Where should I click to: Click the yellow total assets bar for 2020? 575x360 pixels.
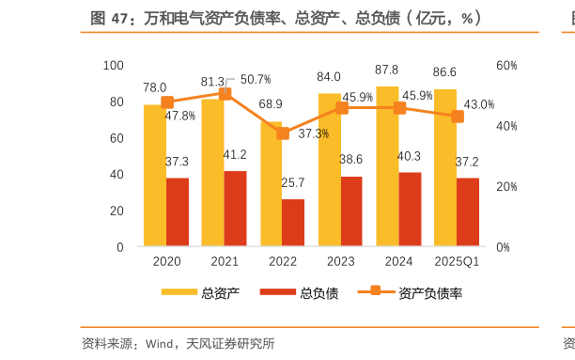pyautogui.click(x=155, y=179)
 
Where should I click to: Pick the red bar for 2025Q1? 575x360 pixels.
pyautogui.click(x=468, y=211)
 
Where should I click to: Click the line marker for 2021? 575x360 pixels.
pyautogui.click(x=225, y=94)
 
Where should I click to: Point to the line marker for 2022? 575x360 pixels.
pyautogui.click(x=283, y=133)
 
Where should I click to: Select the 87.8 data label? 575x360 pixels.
pyautogui.click(x=386, y=70)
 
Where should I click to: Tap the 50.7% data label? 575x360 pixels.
pyautogui.click(x=256, y=79)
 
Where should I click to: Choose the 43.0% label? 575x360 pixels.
pyautogui.click(x=478, y=104)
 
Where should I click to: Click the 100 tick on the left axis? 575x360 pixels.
pyautogui.click(x=113, y=65)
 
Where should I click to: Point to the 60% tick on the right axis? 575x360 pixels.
pyautogui.click(x=506, y=65)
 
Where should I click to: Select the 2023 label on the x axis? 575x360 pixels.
pyautogui.click(x=341, y=261)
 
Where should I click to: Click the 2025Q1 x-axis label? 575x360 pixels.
pyautogui.click(x=457, y=261)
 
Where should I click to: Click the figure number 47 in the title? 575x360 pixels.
pyautogui.click(x=120, y=18)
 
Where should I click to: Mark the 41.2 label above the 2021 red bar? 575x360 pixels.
pyautogui.click(x=235, y=155)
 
